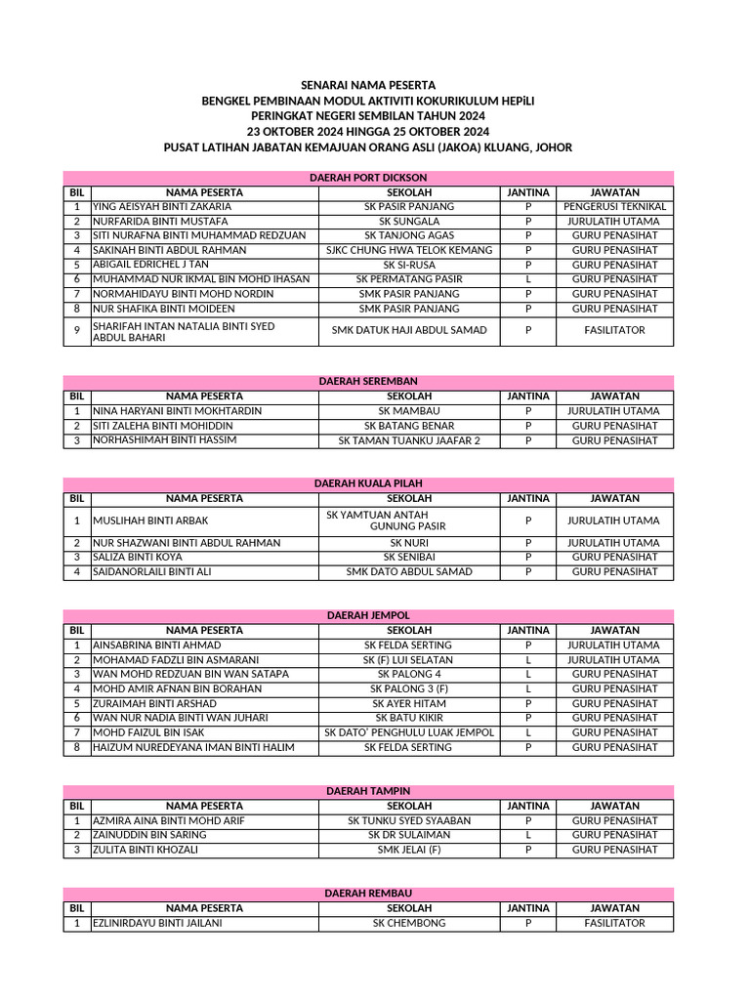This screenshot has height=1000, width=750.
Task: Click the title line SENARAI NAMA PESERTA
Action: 368,86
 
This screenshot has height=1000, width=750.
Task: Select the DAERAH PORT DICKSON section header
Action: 368,178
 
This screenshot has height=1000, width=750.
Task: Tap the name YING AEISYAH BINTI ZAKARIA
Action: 162,207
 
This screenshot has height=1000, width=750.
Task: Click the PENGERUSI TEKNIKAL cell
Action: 614,207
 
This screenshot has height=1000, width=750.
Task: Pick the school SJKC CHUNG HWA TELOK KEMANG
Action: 409,250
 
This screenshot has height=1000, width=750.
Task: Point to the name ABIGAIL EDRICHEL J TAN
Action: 150,265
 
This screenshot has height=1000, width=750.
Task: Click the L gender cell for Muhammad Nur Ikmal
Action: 527,279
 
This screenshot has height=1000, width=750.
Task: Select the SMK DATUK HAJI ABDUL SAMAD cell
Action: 409,330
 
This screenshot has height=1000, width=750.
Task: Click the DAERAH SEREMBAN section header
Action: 368,382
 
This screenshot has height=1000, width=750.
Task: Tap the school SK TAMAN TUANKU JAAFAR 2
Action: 409,440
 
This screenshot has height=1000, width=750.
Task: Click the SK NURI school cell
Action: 409,543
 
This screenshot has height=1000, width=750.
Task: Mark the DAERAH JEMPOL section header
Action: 368,616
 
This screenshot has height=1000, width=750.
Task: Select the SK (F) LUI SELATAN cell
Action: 409,660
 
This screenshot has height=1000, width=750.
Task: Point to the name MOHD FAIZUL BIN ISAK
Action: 148,732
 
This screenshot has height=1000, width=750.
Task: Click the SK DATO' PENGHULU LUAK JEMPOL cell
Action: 409,732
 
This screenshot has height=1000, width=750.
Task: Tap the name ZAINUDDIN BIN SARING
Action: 149,835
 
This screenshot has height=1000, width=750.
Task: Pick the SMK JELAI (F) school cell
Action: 409,850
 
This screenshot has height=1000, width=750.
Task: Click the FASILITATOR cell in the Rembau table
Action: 614,923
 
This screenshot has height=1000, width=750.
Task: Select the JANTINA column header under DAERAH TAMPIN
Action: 527,806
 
